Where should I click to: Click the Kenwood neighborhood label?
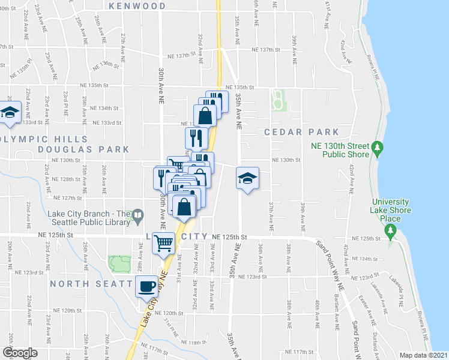(x=137, y=6)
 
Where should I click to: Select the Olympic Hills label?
(x=21, y=138)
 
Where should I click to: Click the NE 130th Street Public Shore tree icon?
(x=378, y=147)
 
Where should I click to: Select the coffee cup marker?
(x=146, y=286)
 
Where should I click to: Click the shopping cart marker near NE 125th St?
(x=163, y=243)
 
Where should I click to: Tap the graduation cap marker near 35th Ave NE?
(x=247, y=178)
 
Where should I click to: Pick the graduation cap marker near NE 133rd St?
(x=10, y=112)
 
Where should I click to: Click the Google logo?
(x=20, y=353)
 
